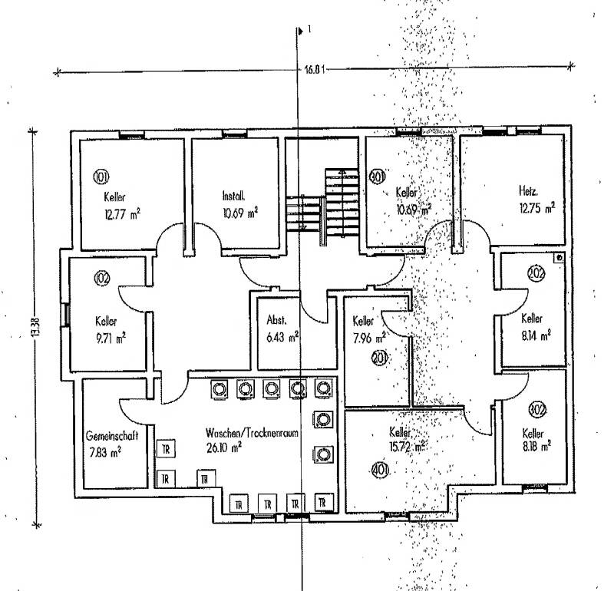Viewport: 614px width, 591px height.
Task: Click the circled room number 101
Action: pos(101,177)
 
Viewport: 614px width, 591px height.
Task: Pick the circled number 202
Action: pos(536,272)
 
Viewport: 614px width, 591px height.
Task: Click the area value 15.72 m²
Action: pos(408,446)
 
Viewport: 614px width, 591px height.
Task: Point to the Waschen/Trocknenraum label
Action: pos(251,433)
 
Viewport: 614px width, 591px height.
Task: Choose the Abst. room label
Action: pos(276,320)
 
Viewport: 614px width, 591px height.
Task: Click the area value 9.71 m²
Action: pos(111,336)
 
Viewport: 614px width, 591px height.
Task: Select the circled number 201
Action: pos(378,358)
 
